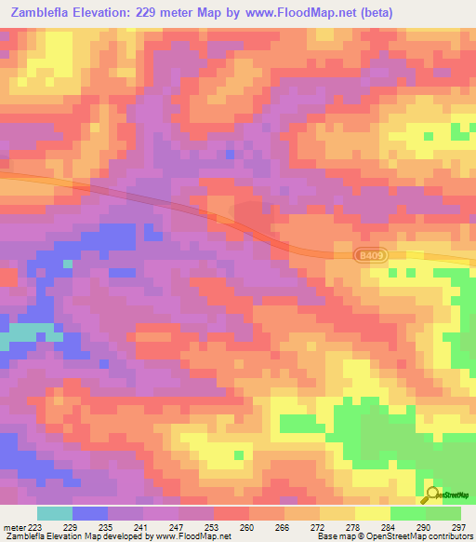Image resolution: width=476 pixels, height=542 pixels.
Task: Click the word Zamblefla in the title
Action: [x=45, y=12]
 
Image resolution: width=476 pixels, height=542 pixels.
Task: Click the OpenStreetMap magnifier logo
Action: [x=432, y=494]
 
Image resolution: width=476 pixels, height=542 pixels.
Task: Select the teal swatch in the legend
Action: [x=55, y=513]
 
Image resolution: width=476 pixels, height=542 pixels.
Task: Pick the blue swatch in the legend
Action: [x=90, y=513]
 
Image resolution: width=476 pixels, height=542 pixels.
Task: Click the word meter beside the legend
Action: [x=12, y=527]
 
